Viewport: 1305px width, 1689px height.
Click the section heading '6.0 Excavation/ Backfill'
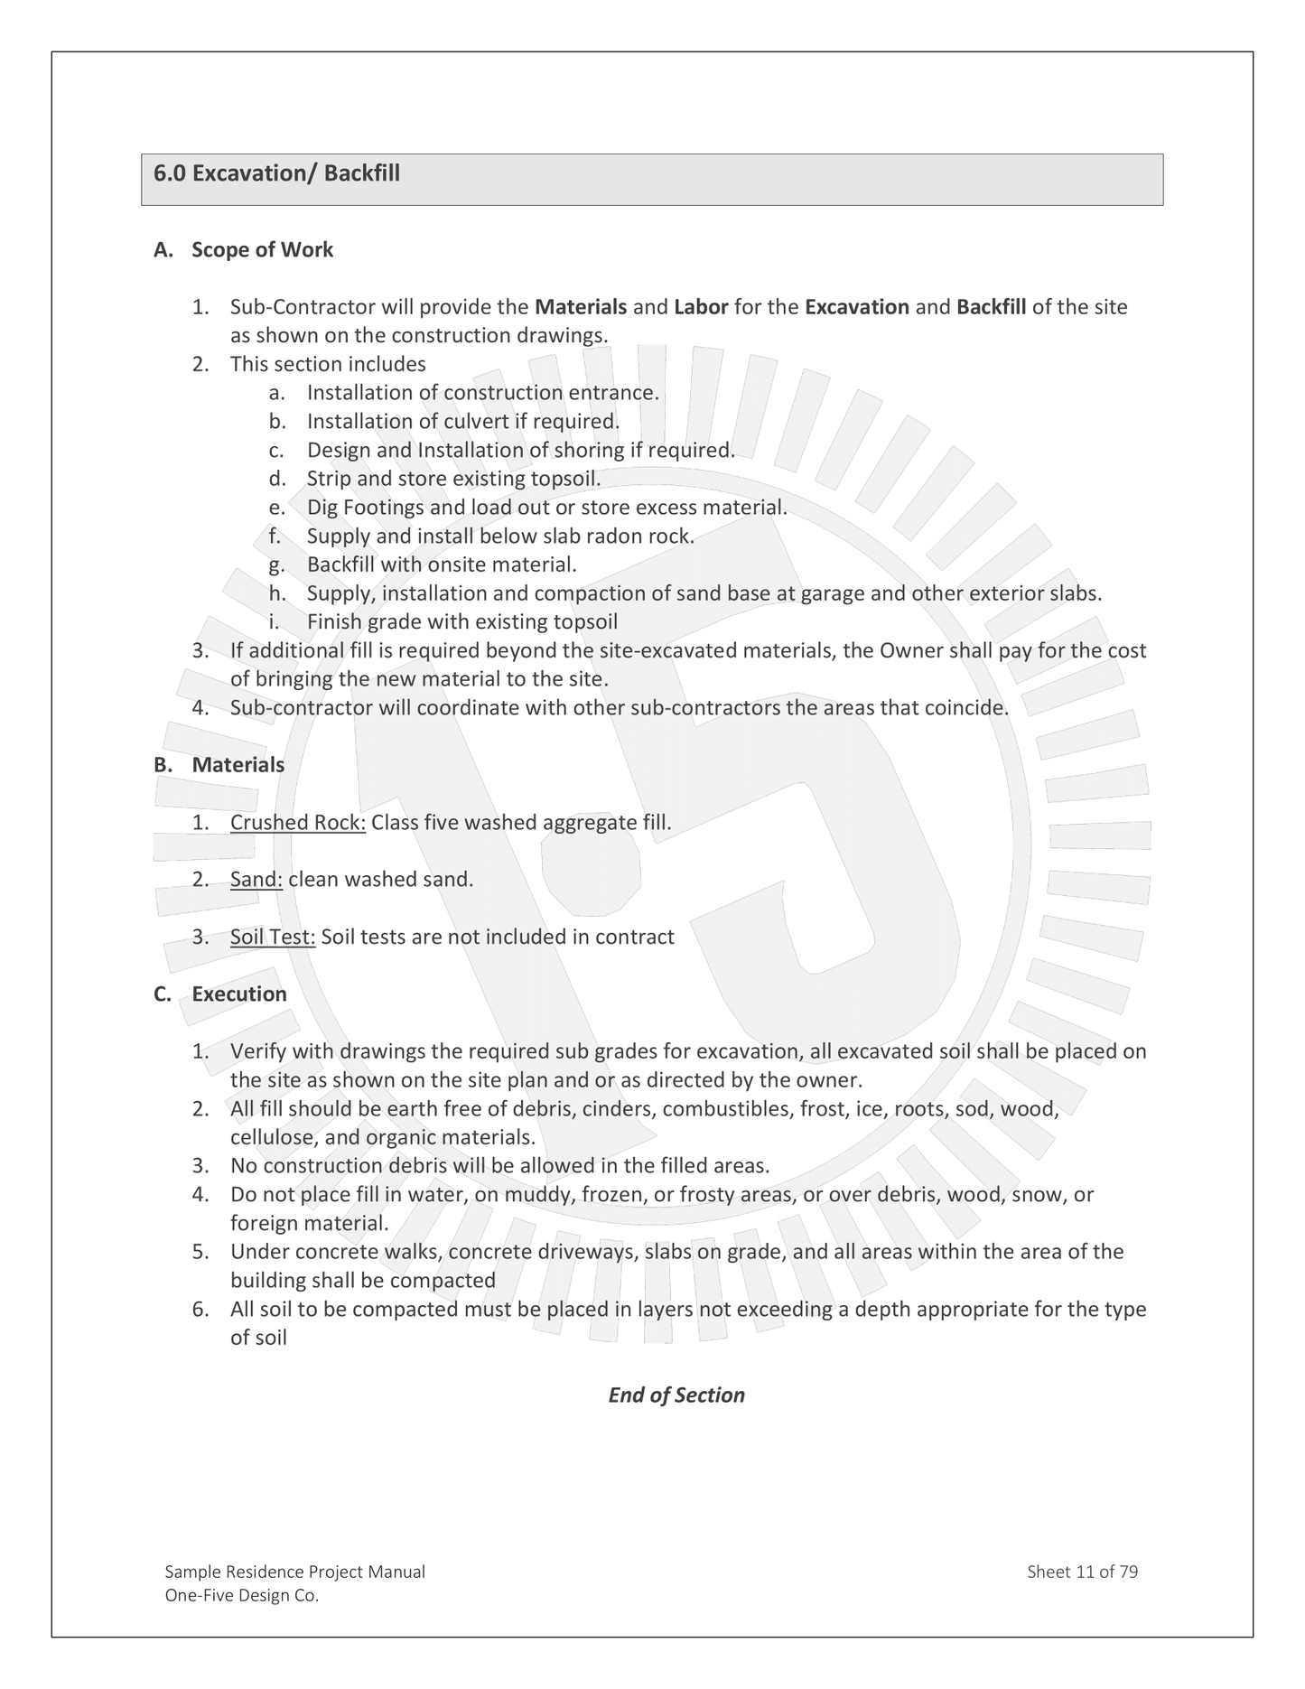[x=276, y=173]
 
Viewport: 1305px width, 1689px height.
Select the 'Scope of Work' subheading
[x=262, y=250]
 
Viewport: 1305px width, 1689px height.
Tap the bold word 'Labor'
[x=701, y=307]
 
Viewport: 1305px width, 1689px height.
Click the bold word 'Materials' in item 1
[x=581, y=307]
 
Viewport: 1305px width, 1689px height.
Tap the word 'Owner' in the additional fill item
[x=911, y=651]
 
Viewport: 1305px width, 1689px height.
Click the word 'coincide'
[x=965, y=708]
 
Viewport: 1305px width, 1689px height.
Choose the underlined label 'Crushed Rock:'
[x=298, y=823]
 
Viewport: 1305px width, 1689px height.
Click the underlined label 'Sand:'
[x=256, y=880]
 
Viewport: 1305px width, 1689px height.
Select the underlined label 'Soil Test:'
[x=273, y=938]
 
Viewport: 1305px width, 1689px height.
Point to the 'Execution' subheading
[x=239, y=994]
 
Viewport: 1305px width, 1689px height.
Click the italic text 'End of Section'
[x=676, y=1395]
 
